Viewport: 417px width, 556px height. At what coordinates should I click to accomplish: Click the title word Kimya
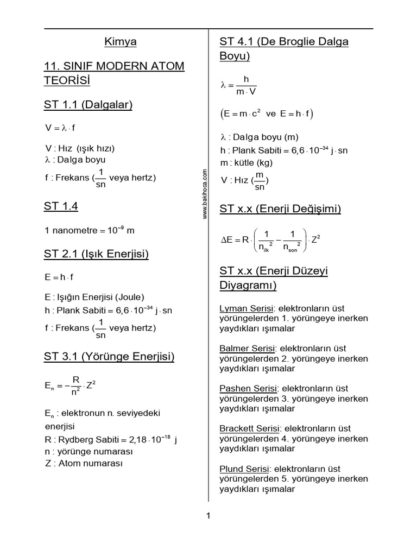coord(120,42)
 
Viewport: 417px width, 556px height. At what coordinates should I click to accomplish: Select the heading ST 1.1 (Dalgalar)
coord(89,105)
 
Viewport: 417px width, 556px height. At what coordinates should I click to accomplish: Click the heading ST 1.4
coord(61,206)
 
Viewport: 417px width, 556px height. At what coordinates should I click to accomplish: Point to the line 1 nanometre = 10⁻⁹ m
coord(90,230)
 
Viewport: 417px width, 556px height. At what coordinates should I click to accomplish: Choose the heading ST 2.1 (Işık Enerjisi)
coord(97,254)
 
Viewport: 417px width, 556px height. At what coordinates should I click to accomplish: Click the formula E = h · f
coord(59,277)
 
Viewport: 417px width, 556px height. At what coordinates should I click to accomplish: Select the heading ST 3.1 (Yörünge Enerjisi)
coord(109,357)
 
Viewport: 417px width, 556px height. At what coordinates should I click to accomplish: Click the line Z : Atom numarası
coord(84,463)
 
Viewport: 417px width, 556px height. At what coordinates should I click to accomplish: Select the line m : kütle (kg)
coord(247,162)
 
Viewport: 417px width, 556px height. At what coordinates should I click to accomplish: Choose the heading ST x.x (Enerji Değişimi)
coord(280,208)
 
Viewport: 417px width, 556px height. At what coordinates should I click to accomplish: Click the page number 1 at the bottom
coord(208,516)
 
